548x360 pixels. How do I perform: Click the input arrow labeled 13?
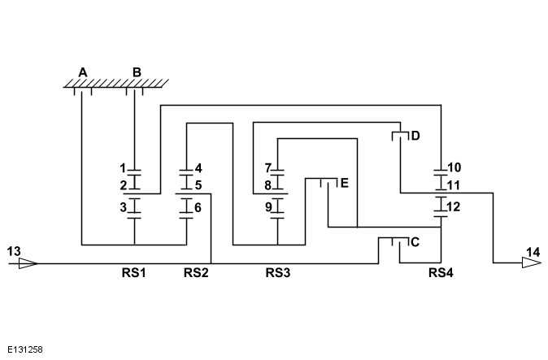[x=28, y=262]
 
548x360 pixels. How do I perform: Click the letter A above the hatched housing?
[x=82, y=72]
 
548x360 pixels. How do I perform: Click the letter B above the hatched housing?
[x=137, y=72]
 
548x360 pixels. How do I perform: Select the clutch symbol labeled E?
[x=327, y=183]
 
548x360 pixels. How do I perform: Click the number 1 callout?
[x=123, y=168]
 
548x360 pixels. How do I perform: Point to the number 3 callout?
[x=123, y=208]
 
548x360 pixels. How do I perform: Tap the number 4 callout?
[x=198, y=168]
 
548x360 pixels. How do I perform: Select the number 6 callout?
[x=198, y=208]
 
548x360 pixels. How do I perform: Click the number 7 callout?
[x=267, y=168]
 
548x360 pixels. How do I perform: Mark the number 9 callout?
[x=267, y=208]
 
